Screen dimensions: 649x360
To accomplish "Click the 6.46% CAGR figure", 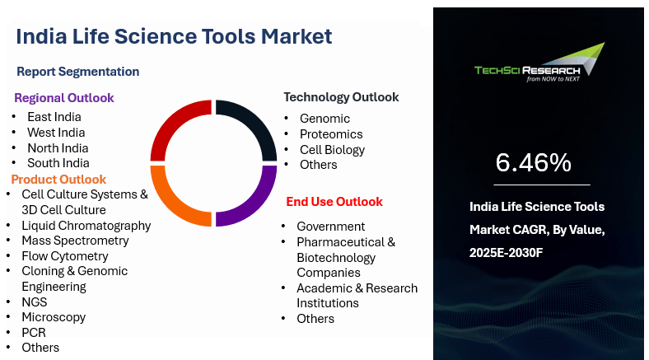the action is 534,162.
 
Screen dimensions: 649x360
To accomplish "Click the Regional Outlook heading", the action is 63,98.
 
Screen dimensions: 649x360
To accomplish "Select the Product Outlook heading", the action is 58,179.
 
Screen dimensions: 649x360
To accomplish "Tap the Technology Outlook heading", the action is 341,97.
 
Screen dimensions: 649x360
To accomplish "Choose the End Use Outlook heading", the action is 334,202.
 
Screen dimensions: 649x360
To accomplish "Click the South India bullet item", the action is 58,163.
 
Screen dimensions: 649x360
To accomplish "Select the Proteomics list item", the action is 331,134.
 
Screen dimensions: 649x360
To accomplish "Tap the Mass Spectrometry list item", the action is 75,241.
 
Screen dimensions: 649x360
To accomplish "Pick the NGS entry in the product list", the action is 35,302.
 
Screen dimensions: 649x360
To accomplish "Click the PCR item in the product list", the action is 34,333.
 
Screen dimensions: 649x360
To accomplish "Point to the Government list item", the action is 331,227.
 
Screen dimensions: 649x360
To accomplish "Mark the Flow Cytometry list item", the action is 65,256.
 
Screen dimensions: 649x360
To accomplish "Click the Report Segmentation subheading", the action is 77,72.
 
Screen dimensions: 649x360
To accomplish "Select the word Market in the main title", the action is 296,36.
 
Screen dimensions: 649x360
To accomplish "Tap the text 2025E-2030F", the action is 506,252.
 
